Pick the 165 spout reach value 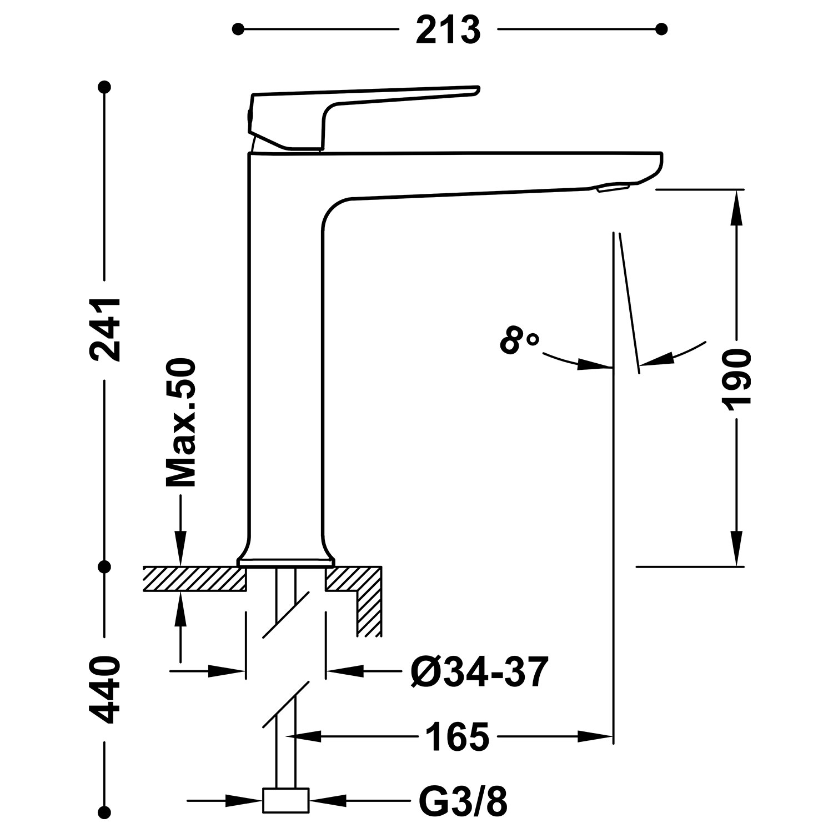tap(457, 737)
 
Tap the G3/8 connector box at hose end tap(285, 801)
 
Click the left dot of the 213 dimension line tap(238, 29)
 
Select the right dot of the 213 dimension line tap(661, 29)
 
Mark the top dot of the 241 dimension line tap(104, 87)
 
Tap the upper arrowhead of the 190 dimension tap(737, 205)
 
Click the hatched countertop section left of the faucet tap(194, 579)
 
